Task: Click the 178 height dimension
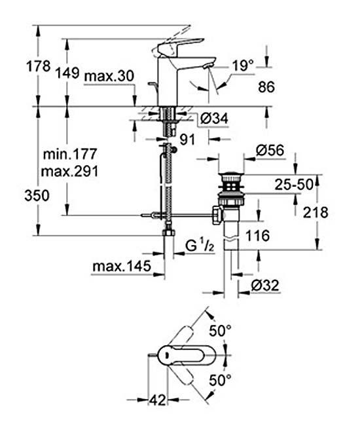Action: click(39, 66)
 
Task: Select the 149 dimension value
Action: click(67, 73)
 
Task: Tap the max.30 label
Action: click(109, 76)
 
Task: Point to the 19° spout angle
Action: click(242, 66)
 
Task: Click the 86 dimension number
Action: click(266, 87)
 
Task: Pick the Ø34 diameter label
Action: click(215, 119)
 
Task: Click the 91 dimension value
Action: click(187, 140)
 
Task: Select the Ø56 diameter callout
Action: click(270, 151)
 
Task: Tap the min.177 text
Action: click(70, 154)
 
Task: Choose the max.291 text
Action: click(69, 172)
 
